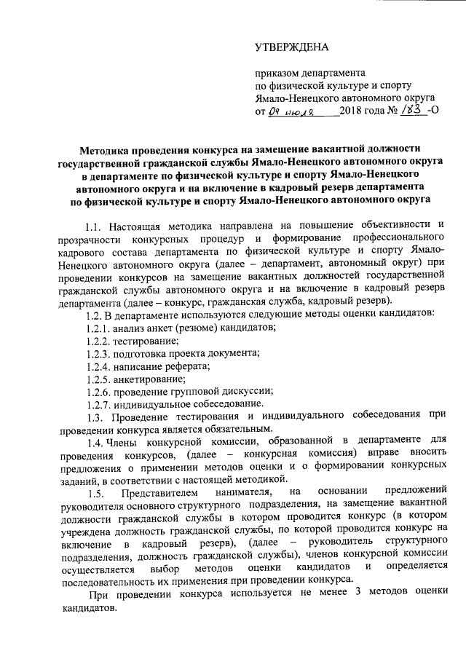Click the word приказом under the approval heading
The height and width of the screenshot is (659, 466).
[277, 73]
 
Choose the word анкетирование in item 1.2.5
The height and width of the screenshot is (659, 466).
[150, 379]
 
